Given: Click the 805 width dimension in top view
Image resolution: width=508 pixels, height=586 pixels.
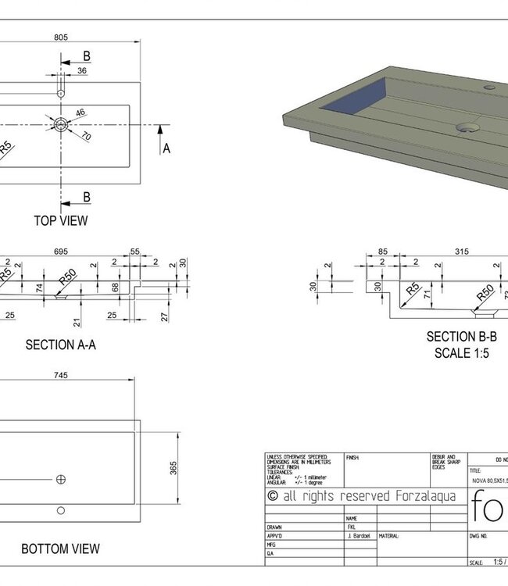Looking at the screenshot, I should pyautogui.click(x=60, y=35).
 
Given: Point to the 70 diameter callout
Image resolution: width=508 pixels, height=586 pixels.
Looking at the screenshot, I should pyautogui.click(x=86, y=137).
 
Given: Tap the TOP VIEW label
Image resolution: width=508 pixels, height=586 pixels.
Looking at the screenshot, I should pyautogui.click(x=60, y=220).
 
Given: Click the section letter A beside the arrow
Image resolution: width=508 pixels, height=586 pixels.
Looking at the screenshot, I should pyautogui.click(x=166, y=148).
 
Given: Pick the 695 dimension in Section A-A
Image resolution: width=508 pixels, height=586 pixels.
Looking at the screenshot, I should pyautogui.click(x=60, y=251).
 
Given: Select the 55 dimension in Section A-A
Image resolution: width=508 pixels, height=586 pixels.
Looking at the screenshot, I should pyautogui.click(x=134, y=251).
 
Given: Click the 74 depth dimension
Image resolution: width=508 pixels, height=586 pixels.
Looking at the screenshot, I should pyautogui.click(x=39, y=287).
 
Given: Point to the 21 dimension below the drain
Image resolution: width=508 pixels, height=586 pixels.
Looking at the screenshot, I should pyautogui.click(x=77, y=321).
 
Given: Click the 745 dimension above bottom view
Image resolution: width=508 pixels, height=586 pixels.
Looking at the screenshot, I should pyautogui.click(x=60, y=375).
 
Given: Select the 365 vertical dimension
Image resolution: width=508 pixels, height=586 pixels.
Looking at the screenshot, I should pyautogui.click(x=174, y=466).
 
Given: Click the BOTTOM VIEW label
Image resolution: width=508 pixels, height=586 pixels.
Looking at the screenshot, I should pyautogui.click(x=60, y=549).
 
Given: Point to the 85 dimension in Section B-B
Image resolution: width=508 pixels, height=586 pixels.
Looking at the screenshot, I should pyautogui.click(x=383, y=251).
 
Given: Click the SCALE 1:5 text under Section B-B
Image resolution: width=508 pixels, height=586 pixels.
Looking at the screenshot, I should pyautogui.click(x=461, y=352).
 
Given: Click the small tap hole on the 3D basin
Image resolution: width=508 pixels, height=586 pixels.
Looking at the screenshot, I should pyautogui.click(x=490, y=87).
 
